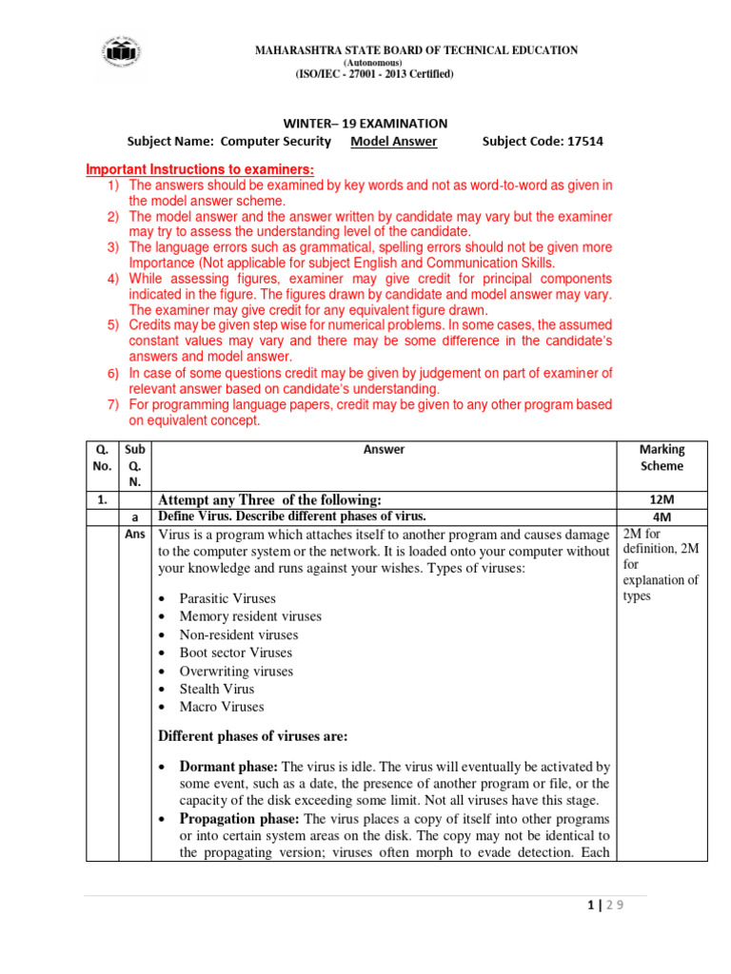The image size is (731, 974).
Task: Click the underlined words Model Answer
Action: pos(394,142)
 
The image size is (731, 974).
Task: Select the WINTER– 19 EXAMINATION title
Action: pos(366,124)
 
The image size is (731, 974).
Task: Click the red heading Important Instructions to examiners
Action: pos(200,169)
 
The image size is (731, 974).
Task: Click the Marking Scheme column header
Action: pos(662,458)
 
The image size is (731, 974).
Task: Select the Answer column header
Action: pos(385,449)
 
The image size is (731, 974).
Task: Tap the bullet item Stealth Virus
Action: pos(217,689)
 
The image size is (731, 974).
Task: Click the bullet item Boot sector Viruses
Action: pos(235,653)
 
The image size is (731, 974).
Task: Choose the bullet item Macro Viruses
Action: pos(222,707)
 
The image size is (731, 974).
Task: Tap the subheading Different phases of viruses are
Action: pos(252,736)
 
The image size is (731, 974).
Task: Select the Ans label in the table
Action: pos(135,534)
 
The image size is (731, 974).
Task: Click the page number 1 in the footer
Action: pos(592,906)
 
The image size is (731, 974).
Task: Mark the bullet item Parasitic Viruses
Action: pos(227,598)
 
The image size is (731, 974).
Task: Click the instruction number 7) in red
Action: pos(112,405)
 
